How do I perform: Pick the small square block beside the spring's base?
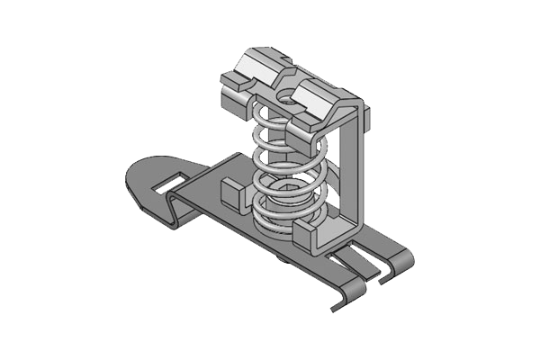pyautogui.click(x=231, y=193)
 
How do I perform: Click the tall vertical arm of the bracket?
pyautogui.click(x=357, y=171)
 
